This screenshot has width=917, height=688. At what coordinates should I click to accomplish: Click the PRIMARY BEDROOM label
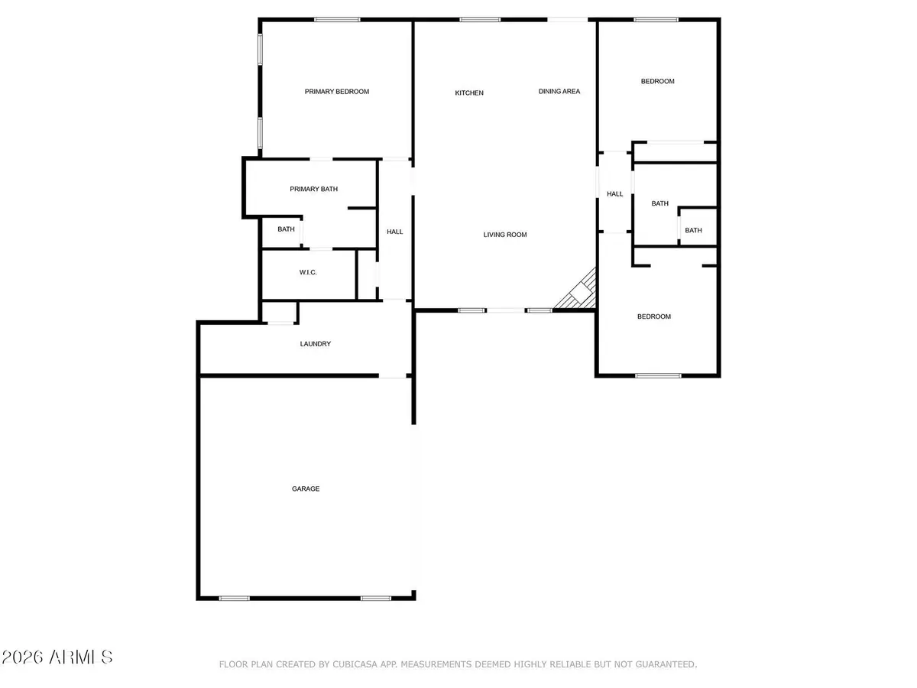coord(336,92)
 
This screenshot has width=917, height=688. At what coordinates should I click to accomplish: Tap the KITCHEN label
coord(469,93)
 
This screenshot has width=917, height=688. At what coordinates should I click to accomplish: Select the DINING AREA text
coord(559,92)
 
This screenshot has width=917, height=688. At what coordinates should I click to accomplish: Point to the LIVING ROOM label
coord(505,235)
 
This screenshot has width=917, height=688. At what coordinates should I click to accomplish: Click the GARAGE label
coord(306,488)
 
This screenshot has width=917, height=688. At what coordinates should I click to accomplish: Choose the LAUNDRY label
coord(316,344)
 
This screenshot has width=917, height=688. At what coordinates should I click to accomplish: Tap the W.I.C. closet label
coord(308,273)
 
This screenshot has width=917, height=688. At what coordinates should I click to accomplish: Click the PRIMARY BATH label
coord(313,189)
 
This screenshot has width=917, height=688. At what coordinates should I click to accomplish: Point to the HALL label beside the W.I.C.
coord(395,232)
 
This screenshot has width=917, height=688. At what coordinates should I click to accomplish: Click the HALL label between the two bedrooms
coord(615,194)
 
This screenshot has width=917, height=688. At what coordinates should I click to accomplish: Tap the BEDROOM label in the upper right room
coord(657,81)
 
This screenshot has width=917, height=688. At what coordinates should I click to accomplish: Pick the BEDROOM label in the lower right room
coord(654,316)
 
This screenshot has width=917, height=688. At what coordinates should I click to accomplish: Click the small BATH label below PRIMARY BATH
coord(286,229)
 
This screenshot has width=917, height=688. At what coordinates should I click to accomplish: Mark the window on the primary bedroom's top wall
coord(338,20)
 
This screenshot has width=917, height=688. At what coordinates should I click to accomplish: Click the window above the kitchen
coord(481,20)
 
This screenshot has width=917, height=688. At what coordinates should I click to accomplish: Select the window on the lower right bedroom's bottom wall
coord(658,375)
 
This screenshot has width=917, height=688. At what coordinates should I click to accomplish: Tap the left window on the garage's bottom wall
coord(234,598)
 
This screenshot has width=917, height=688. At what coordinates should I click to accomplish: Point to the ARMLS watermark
coord(58,657)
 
